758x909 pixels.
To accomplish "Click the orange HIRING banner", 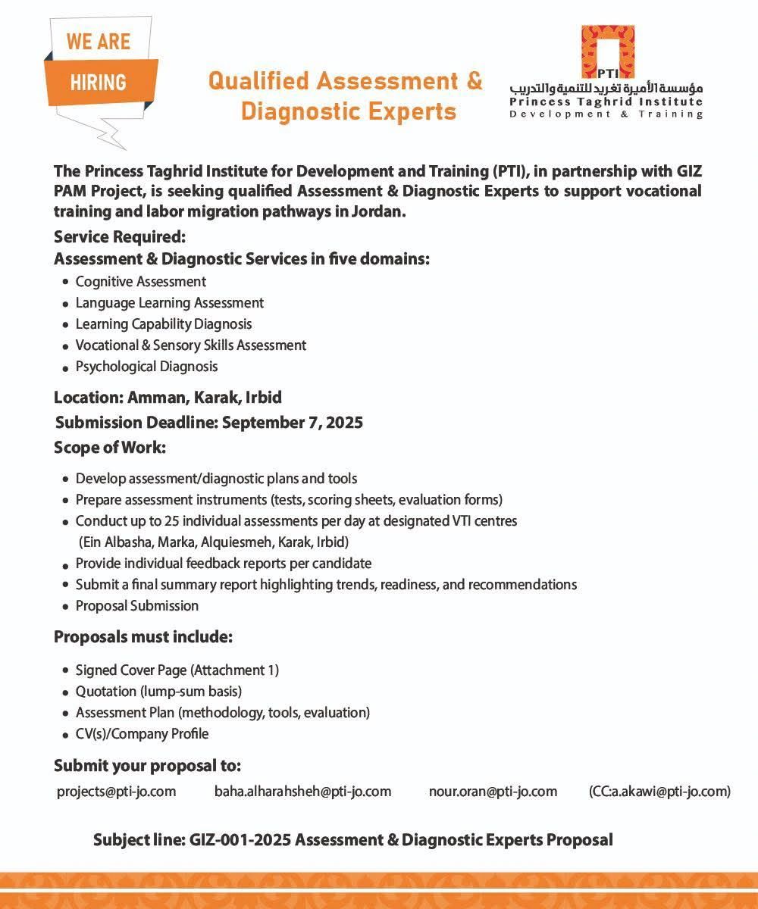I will click(99, 82).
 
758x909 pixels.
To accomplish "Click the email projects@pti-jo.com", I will click(117, 792).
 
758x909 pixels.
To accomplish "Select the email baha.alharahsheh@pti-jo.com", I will click(303, 792).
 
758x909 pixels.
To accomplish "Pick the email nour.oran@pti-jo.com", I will click(493, 792).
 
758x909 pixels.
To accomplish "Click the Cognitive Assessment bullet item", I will click(141, 282).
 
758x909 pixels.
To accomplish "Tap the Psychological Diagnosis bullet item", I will click(146, 367).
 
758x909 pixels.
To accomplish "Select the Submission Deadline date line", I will click(208, 423).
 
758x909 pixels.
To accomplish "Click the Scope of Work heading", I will click(110, 448).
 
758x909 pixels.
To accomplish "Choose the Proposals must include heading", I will click(143, 637).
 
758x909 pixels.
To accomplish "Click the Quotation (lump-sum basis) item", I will click(158, 692).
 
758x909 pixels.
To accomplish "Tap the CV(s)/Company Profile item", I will click(142, 734).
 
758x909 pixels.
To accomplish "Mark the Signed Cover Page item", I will click(177, 670).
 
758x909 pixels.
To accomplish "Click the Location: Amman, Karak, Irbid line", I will click(168, 398).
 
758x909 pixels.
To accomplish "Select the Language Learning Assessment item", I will click(170, 303).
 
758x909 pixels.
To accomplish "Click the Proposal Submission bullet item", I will click(137, 606).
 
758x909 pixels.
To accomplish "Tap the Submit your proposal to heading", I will click(147, 766).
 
